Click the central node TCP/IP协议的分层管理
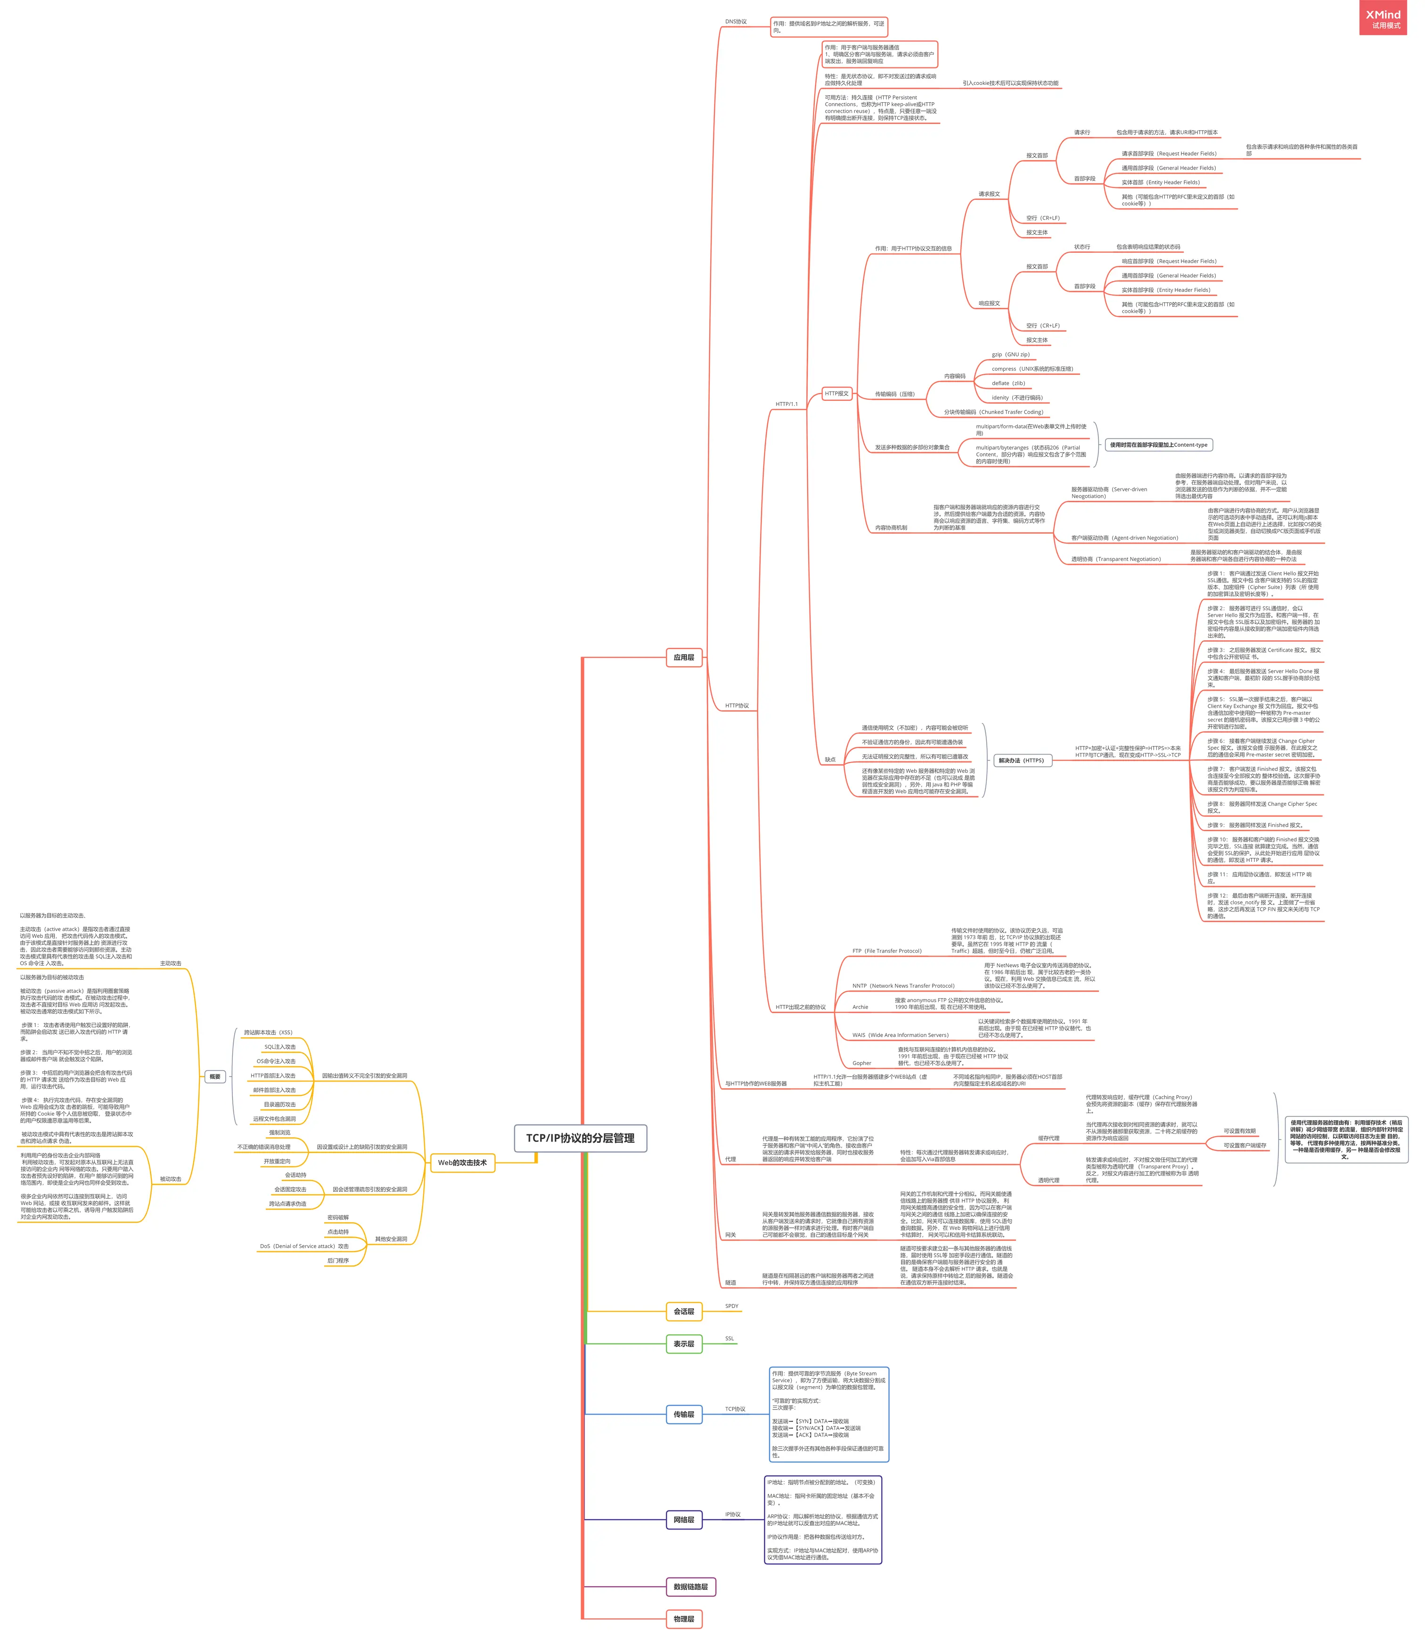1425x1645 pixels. point(580,1138)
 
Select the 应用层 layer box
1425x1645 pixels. point(684,657)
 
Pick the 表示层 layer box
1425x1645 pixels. point(684,1344)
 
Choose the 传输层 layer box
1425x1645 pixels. point(684,1414)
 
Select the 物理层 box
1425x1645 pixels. point(684,1619)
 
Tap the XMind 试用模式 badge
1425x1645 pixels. point(1383,19)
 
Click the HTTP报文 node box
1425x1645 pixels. point(836,393)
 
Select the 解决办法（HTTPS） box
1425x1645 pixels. point(1021,761)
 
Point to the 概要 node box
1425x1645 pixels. point(215,1076)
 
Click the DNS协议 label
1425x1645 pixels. point(736,22)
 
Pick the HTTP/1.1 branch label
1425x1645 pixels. point(786,404)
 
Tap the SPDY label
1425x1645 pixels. point(731,1306)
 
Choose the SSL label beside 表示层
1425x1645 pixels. point(729,1339)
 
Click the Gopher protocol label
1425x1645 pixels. point(861,1063)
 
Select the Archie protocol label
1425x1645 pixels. point(860,1007)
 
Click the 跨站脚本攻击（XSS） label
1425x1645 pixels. point(268,1033)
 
